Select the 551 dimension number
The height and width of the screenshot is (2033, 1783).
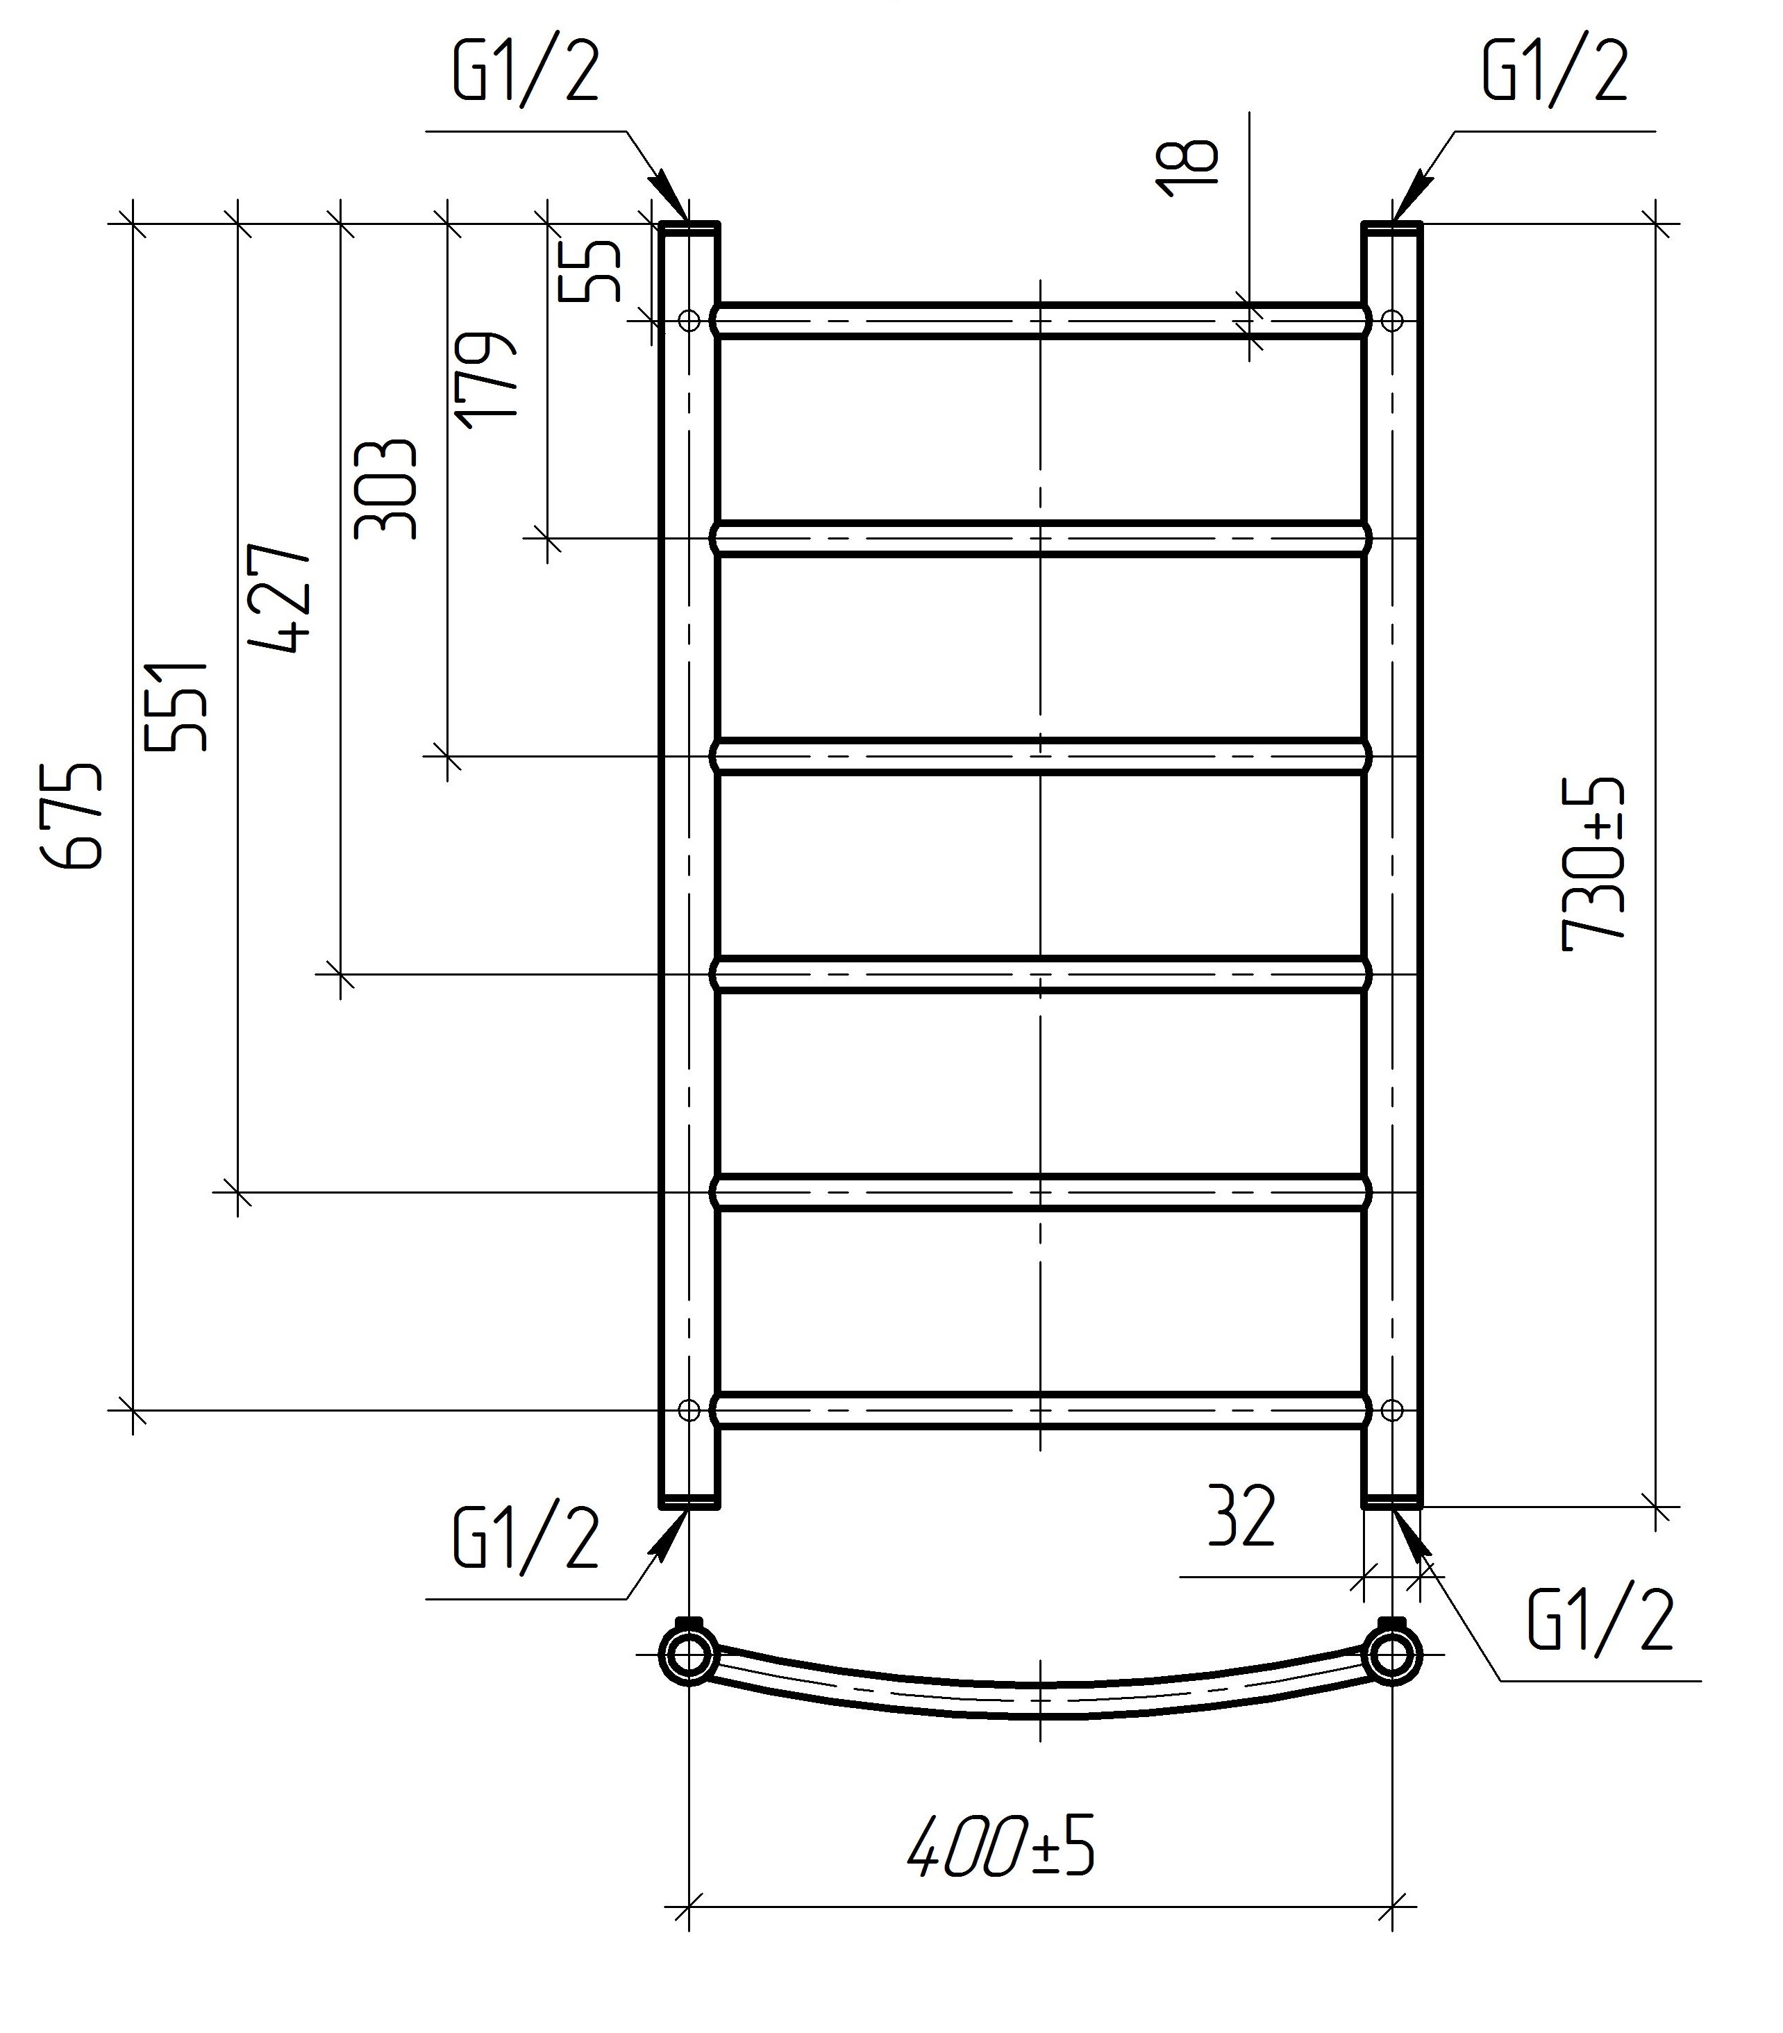click(x=176, y=705)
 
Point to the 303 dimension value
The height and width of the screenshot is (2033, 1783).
click(x=385, y=488)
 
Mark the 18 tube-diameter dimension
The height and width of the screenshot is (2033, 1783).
click(x=1187, y=167)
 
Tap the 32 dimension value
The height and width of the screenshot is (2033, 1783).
click(x=1241, y=1516)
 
